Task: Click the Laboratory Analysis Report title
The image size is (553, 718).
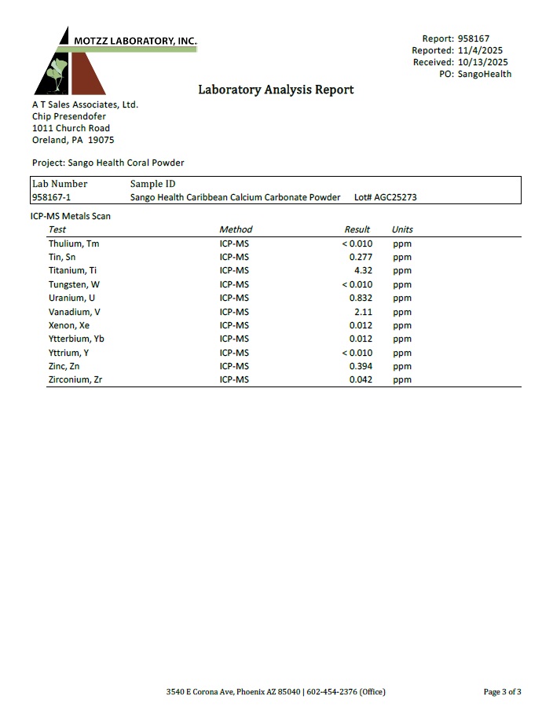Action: pyautogui.click(x=276, y=90)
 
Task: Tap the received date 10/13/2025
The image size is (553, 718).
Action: pyautogui.click(x=482, y=62)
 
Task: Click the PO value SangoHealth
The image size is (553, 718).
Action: pyautogui.click(x=485, y=74)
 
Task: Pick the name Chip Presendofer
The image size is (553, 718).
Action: pyautogui.click(x=69, y=116)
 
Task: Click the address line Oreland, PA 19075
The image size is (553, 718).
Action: pyautogui.click(x=73, y=140)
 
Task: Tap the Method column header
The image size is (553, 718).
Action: pyautogui.click(x=236, y=229)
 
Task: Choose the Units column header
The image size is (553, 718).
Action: pyautogui.click(x=402, y=229)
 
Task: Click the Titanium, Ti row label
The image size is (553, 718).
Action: pyautogui.click(x=72, y=270)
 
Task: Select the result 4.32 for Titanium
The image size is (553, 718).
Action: pyautogui.click(x=363, y=270)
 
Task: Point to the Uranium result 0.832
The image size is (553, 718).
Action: pyautogui.click(x=361, y=298)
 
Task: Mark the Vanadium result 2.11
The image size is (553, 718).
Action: pyautogui.click(x=363, y=312)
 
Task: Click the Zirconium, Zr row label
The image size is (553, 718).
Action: pyautogui.click(x=75, y=379)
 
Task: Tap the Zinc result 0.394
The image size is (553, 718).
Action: pyautogui.click(x=361, y=366)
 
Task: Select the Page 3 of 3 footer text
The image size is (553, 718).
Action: pyautogui.click(x=502, y=691)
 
